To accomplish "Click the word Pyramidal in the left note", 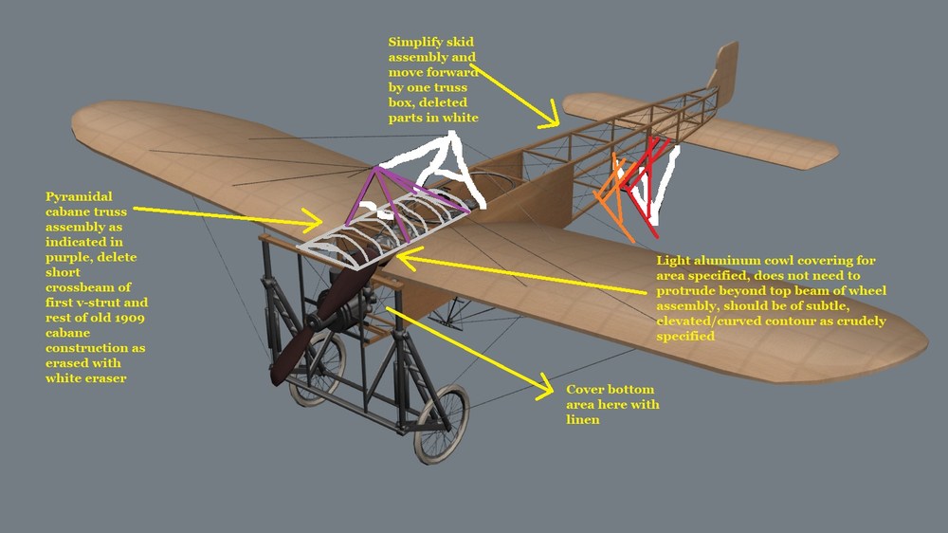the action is (x=79, y=197).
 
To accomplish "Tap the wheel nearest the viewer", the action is (x=442, y=424).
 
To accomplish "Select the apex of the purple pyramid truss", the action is (x=376, y=168).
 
